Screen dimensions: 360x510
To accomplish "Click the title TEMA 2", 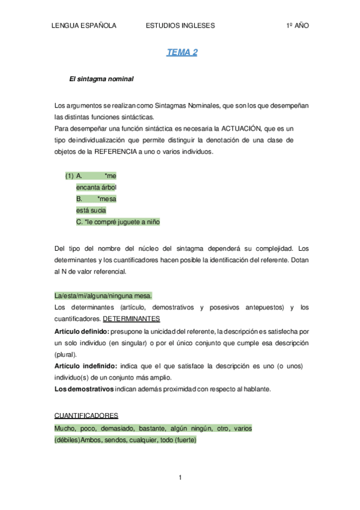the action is [182, 52].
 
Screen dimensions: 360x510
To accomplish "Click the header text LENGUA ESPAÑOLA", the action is [84, 26].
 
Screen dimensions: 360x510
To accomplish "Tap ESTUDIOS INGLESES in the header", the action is [180, 26].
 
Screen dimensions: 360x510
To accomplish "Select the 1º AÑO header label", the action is [297, 26].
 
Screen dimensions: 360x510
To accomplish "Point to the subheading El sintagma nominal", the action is [102, 79].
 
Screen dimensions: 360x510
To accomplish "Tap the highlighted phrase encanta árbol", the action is [96, 187].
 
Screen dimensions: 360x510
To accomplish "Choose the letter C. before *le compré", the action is [79, 221].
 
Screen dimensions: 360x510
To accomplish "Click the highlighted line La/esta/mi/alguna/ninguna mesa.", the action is [103, 296].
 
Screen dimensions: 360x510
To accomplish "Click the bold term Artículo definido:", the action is [81, 331].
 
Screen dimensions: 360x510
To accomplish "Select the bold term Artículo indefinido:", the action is [84, 366].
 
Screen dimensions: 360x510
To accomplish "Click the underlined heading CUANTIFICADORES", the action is [86, 416].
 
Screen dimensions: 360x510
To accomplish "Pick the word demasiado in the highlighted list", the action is [117, 428].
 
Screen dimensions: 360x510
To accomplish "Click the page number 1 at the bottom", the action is [180, 478].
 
